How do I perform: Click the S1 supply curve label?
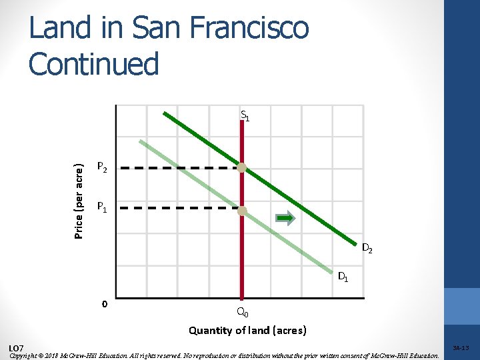pyautogui.click(x=245, y=116)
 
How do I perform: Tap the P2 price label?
pyautogui.click(x=102, y=167)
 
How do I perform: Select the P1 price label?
pyautogui.click(x=102, y=208)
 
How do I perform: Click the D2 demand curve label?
pyautogui.click(x=367, y=249)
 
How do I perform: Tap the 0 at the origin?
pyautogui.click(x=104, y=304)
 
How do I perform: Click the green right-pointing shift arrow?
pyautogui.click(x=285, y=217)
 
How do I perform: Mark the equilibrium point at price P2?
pyautogui.click(x=243, y=168)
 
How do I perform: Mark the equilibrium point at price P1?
pyautogui.click(x=243, y=211)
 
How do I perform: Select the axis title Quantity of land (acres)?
pyautogui.click(x=247, y=330)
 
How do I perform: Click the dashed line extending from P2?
pyautogui.click(x=180, y=168)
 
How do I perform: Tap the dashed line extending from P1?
pyautogui.click(x=180, y=209)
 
